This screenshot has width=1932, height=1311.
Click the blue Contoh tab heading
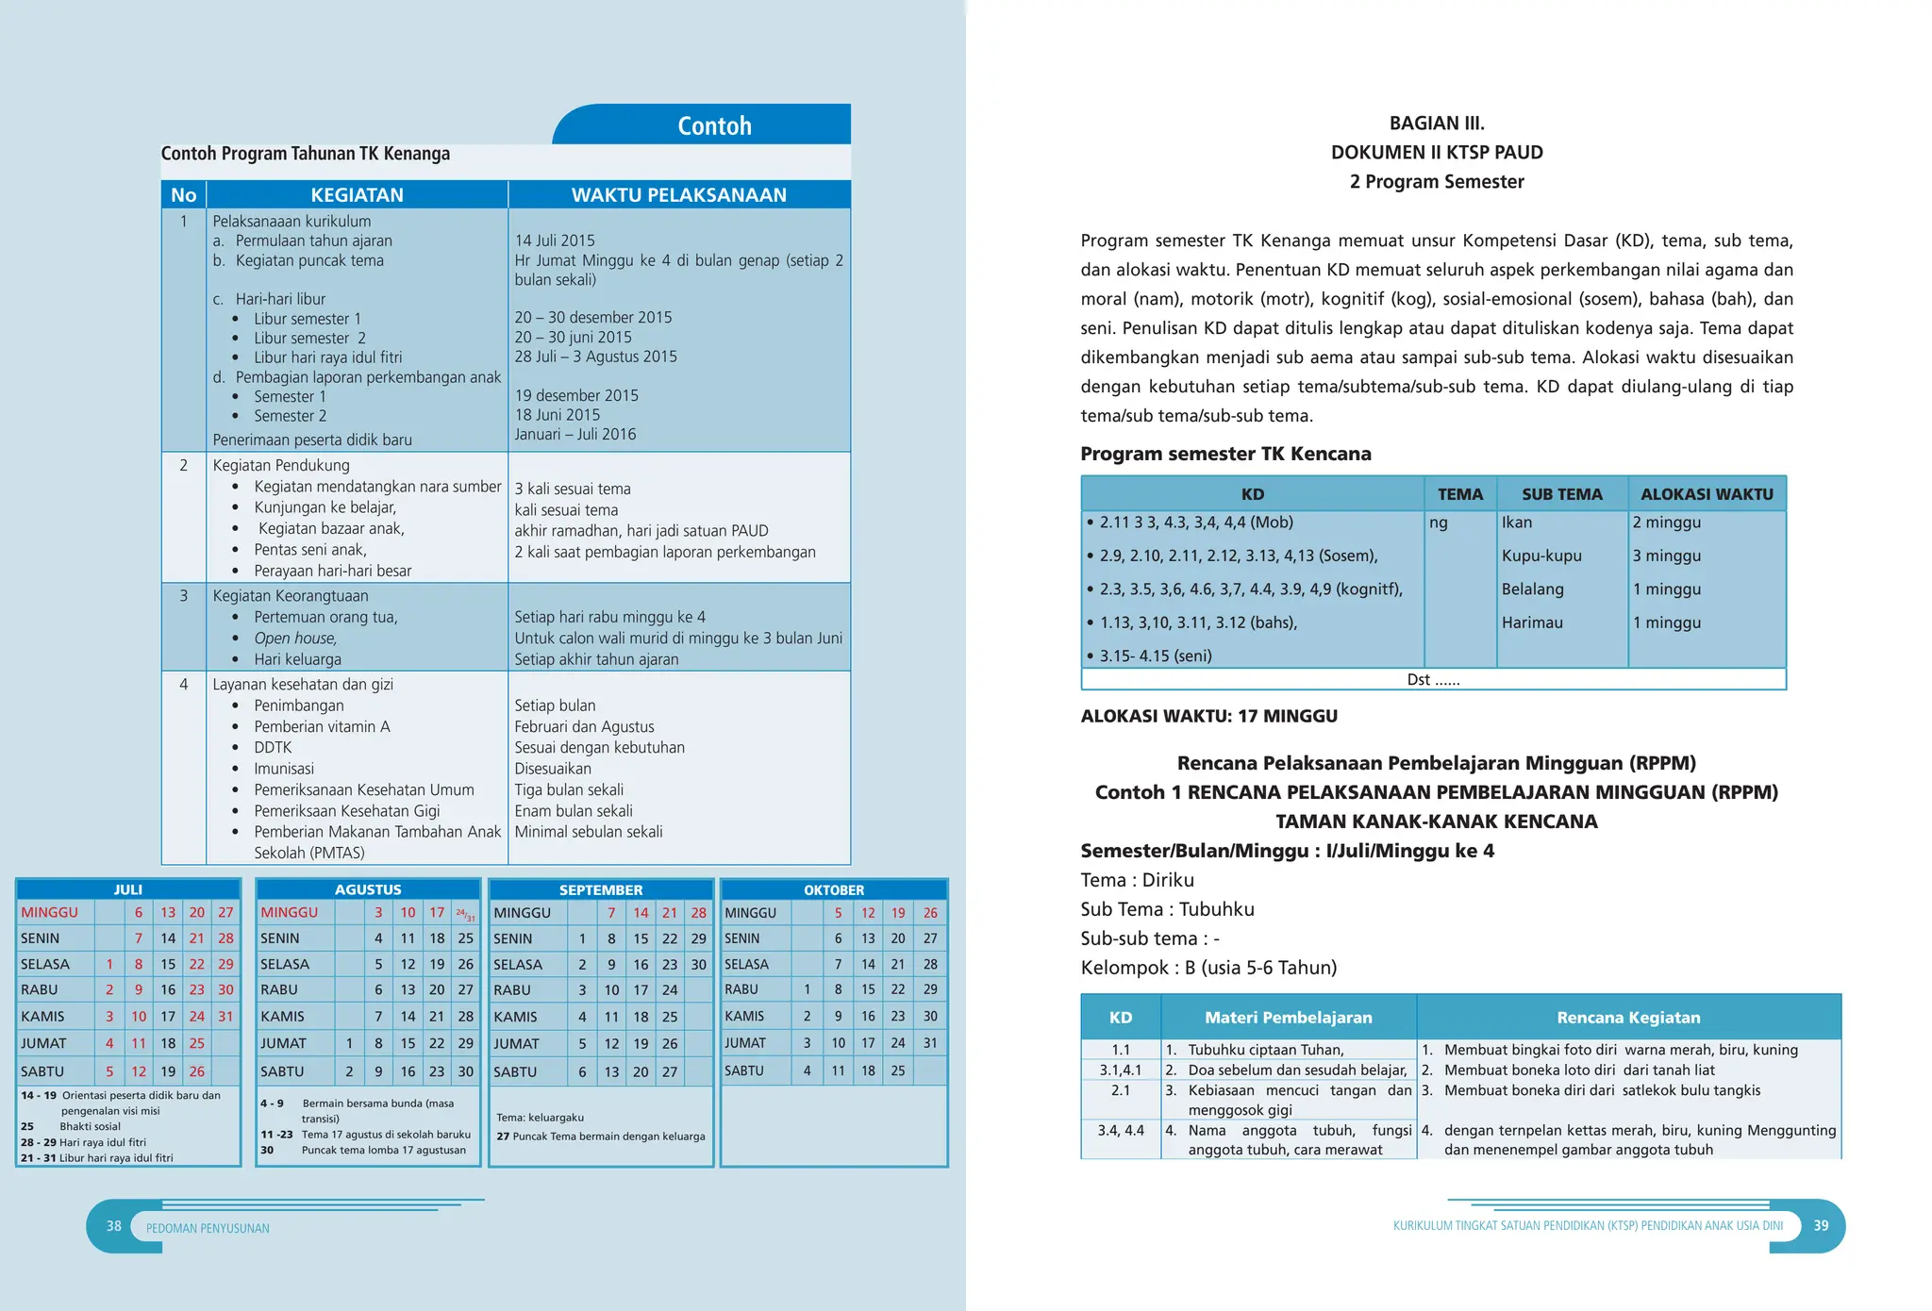click(x=714, y=125)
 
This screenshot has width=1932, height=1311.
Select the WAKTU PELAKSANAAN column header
click(x=678, y=195)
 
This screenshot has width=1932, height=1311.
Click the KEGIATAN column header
click(x=357, y=195)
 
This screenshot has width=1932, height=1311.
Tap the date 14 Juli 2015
click(x=555, y=241)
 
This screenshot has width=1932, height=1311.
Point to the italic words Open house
click(x=294, y=639)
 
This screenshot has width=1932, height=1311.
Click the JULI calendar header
click(x=128, y=889)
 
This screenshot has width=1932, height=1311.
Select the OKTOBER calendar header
click(x=834, y=889)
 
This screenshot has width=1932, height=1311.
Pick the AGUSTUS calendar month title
click(x=368, y=889)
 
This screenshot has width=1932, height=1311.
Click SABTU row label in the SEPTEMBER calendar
click(x=515, y=1071)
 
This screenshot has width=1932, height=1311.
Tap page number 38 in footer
click(x=114, y=1226)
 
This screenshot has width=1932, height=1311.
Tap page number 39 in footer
click(x=1821, y=1225)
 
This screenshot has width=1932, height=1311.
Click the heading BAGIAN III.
click(x=1437, y=124)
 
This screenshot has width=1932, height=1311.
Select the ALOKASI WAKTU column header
click(x=1707, y=494)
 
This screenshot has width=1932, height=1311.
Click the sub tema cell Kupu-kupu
click(x=1541, y=556)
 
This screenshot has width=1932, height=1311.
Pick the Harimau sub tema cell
click(x=1532, y=622)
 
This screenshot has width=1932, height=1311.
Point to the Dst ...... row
click(x=1433, y=679)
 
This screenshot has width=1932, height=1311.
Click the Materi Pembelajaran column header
click(x=1288, y=1017)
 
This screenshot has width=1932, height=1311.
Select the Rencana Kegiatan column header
click(x=1628, y=1017)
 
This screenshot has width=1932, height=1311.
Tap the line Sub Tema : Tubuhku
click(x=1167, y=909)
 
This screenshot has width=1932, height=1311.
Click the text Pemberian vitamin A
click(x=322, y=726)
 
